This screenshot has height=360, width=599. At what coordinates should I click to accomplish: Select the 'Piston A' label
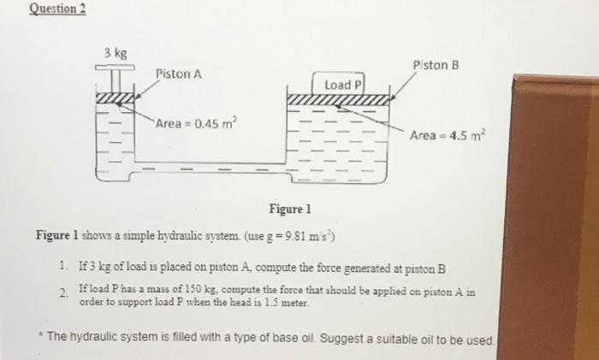180,74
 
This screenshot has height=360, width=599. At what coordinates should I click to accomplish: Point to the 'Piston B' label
436,64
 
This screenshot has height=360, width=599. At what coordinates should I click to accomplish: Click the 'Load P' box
344,85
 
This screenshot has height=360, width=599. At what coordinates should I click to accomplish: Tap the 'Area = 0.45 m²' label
193,126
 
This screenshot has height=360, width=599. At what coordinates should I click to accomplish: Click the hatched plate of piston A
117,103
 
